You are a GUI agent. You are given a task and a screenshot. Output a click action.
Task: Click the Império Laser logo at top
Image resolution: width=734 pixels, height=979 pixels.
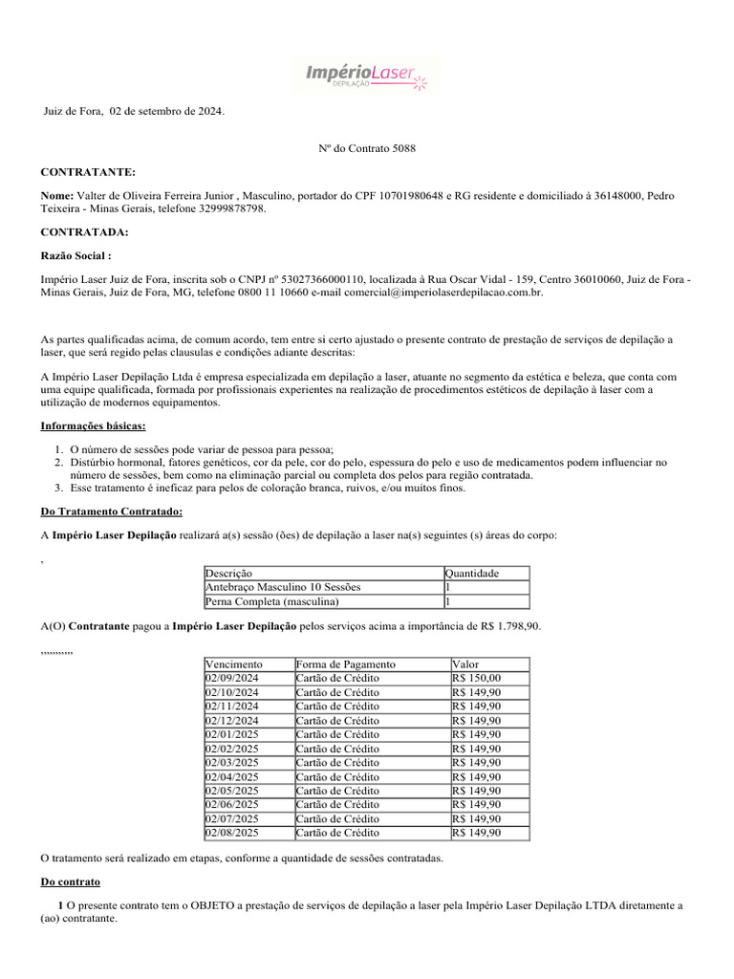tap(367, 75)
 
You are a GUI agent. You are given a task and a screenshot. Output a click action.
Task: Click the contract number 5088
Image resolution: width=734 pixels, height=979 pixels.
tap(404, 148)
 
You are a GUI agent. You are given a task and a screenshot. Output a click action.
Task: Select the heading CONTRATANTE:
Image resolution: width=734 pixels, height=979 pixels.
tap(88, 172)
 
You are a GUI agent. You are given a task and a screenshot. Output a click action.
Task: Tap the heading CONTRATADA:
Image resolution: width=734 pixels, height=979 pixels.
tap(84, 232)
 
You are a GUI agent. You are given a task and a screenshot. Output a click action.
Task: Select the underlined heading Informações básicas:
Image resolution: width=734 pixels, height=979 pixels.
tap(94, 424)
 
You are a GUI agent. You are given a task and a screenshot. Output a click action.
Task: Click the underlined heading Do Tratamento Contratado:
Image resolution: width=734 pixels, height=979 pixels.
tap(111, 512)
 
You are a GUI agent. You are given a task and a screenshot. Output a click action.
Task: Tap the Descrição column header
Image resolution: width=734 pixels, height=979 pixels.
tap(229, 574)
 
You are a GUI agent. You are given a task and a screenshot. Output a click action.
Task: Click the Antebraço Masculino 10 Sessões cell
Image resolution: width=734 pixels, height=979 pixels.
tap(283, 587)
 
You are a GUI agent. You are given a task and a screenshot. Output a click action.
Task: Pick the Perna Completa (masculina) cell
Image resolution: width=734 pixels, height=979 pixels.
tap(272, 602)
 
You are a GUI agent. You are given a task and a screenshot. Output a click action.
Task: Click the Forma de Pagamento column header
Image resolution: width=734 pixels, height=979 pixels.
tap(345, 664)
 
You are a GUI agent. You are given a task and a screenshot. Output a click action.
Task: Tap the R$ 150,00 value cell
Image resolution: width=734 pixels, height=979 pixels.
tap(476, 678)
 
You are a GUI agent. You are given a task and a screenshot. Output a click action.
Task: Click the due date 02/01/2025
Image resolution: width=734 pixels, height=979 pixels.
tap(232, 734)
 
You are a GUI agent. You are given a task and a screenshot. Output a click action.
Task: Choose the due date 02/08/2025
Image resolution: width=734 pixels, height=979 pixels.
tap(232, 833)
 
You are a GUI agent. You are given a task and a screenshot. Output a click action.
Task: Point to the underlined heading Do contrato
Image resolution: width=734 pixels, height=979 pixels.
tap(70, 881)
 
